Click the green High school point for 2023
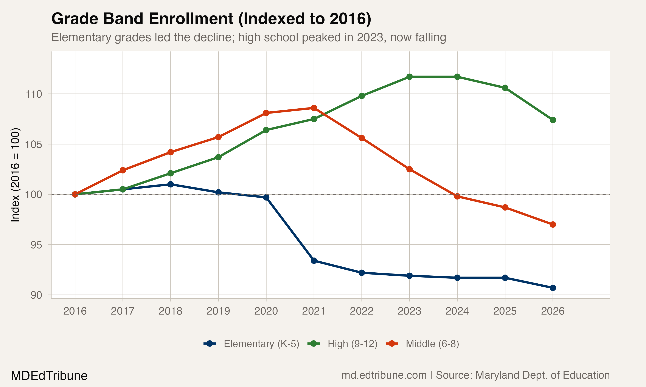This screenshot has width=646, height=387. (409, 77)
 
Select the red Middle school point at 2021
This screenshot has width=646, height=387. (314, 108)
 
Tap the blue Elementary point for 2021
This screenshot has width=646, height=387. (314, 261)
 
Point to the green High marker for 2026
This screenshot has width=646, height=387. (553, 120)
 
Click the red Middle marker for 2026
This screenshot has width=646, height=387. (553, 224)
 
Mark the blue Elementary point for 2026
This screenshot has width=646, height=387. (553, 288)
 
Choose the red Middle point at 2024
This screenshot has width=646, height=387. (457, 196)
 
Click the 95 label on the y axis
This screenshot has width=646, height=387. (36, 245)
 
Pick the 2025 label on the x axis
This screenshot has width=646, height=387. (505, 311)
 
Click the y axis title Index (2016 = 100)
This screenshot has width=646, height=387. (15, 175)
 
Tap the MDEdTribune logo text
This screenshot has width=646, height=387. (49, 376)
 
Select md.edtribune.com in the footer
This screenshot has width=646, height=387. (384, 375)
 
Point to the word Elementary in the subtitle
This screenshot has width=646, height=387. (81, 38)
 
